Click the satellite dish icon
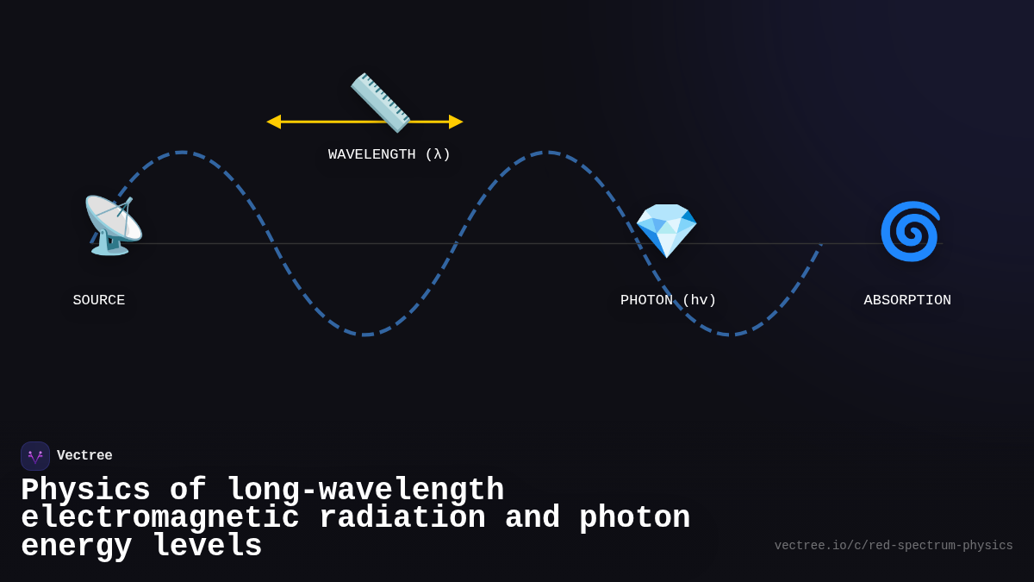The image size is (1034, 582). click(112, 226)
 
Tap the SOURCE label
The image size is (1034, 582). click(99, 300)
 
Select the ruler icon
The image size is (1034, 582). click(380, 103)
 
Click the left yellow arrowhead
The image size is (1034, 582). click(274, 122)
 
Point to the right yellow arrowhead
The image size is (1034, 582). click(456, 122)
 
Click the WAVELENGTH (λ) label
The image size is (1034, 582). click(389, 154)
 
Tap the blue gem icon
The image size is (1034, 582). click(666, 231)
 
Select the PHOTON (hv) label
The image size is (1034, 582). click(669, 300)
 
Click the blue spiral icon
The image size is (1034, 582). click(910, 231)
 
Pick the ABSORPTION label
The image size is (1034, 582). click(907, 300)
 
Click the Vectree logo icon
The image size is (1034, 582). click(35, 456)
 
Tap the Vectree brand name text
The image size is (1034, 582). click(84, 455)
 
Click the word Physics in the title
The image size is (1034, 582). click(85, 491)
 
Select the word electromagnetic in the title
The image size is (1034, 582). click(160, 518)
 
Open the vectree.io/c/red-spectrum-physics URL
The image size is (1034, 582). click(894, 546)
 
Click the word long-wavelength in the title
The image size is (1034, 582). click(365, 491)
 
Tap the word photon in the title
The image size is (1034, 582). click(634, 518)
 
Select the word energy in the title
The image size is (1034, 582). click(77, 547)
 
